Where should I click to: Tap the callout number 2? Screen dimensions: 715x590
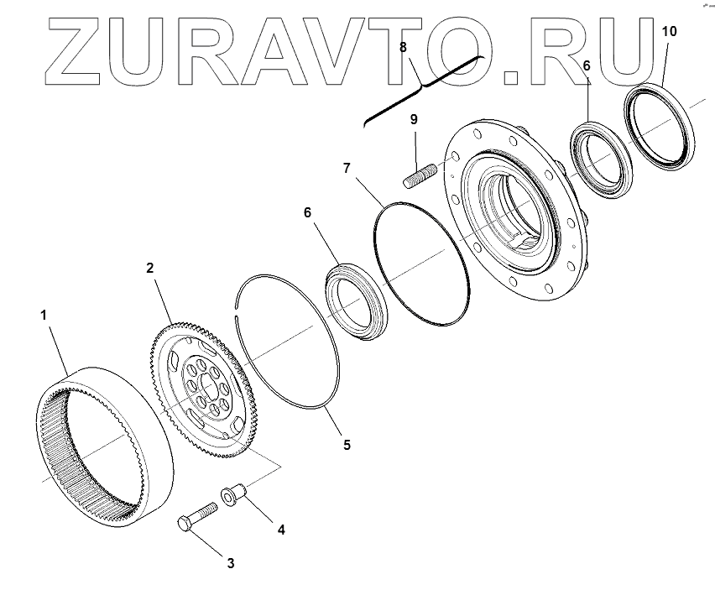pos(149,269)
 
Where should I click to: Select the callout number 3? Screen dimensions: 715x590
pos(230,563)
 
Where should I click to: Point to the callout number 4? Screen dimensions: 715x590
pos(281,530)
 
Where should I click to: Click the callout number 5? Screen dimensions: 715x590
pos(346,444)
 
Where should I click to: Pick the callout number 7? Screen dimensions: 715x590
pos(347,168)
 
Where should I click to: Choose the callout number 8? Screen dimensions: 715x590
pos(404,47)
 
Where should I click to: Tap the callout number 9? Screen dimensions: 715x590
pos(414,120)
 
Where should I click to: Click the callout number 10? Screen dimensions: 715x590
pos(668,31)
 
